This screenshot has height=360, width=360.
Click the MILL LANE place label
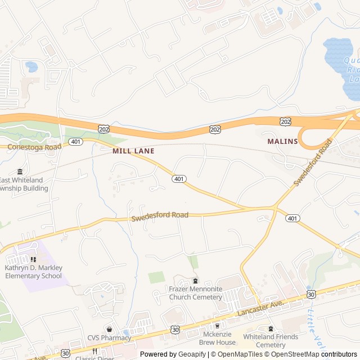click(133, 151)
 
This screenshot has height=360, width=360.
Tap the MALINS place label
click(282, 141)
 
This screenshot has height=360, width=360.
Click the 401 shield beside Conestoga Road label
click(76, 142)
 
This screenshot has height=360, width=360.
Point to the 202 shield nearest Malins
click(285, 121)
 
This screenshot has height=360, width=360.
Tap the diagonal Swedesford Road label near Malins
click(313, 164)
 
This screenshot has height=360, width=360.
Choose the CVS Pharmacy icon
click(109, 328)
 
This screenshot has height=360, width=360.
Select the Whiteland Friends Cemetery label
click(264, 341)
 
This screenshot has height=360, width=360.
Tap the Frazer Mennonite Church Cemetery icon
click(195, 281)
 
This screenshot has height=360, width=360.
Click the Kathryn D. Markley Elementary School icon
click(33, 259)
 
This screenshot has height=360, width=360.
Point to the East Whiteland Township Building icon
click(20, 171)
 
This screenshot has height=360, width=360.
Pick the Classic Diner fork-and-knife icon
click(95, 351)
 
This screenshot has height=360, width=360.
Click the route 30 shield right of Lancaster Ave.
click(310, 294)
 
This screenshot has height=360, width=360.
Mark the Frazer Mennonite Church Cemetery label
click(196, 293)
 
